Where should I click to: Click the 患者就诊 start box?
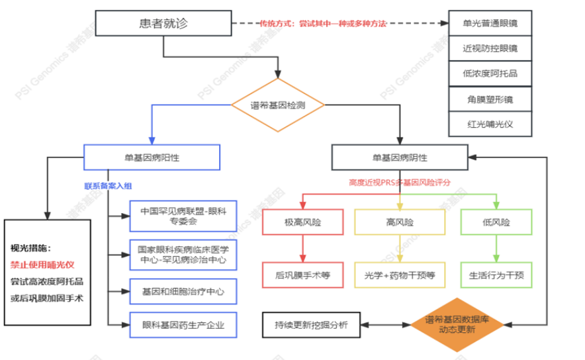(163, 24)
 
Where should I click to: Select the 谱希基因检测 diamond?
(277, 105)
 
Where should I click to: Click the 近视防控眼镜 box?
(490, 48)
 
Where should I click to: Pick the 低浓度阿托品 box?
(490, 73)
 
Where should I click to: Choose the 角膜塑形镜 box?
(490, 99)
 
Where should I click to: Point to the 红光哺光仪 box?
(490, 124)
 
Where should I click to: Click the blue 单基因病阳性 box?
(152, 157)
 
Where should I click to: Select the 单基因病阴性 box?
(399, 157)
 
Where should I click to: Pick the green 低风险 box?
(496, 222)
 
